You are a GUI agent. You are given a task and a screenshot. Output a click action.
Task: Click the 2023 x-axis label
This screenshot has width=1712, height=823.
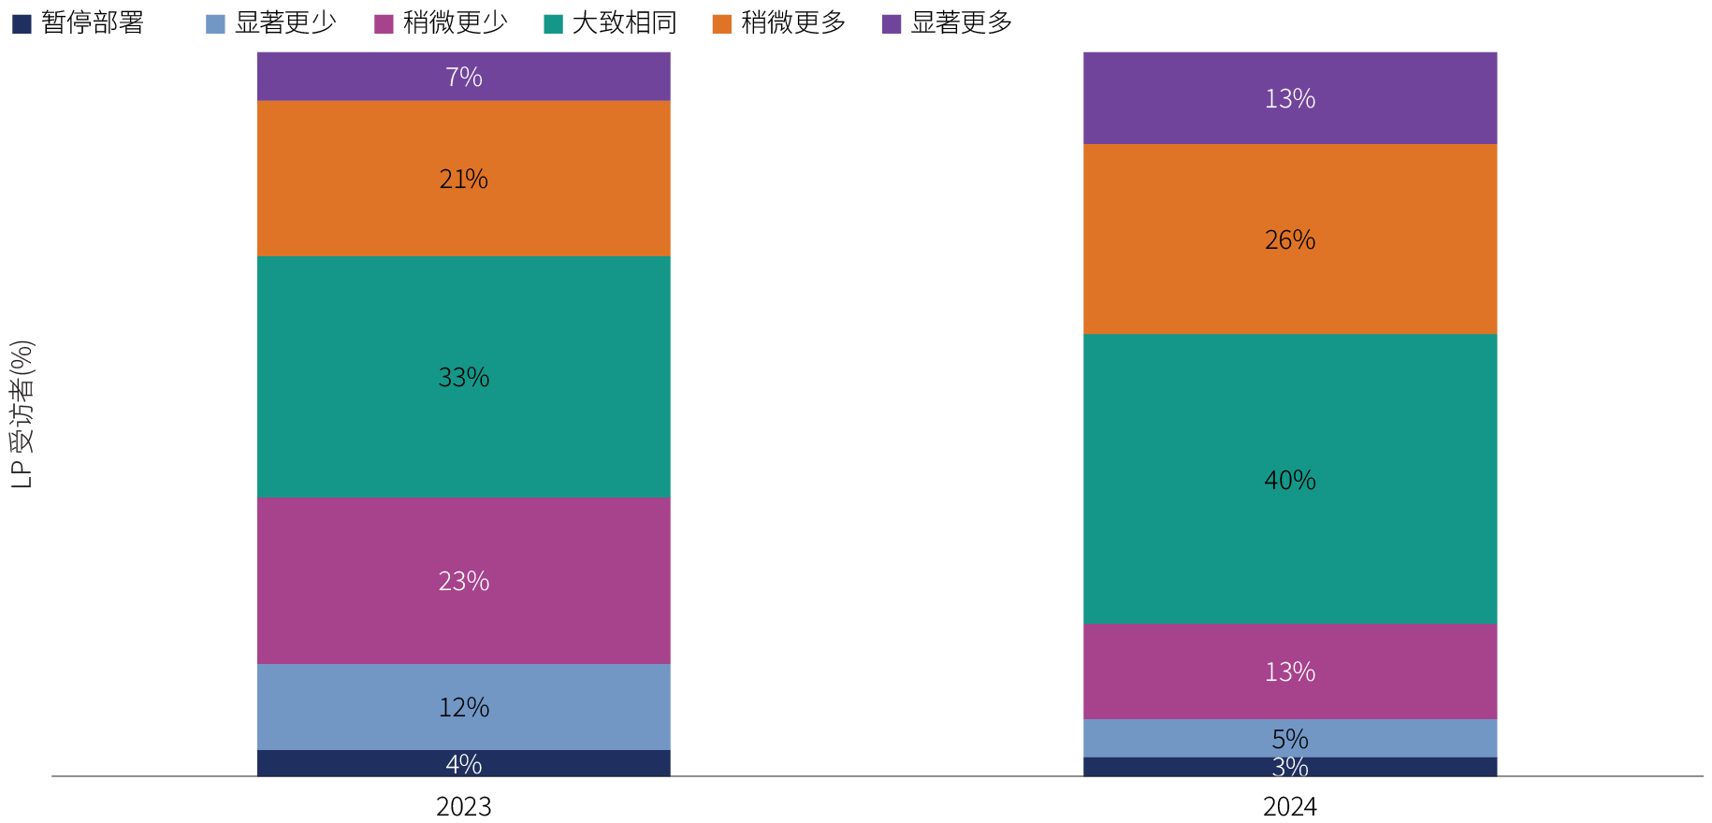click(464, 806)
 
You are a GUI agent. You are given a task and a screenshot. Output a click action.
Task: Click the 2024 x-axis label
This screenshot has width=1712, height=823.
click(1290, 806)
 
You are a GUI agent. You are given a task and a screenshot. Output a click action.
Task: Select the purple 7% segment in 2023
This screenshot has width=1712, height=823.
click(464, 77)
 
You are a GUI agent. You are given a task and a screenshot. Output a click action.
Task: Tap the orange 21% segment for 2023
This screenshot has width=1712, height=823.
click(464, 179)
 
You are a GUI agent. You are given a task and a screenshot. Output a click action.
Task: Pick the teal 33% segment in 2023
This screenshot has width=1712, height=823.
click(464, 377)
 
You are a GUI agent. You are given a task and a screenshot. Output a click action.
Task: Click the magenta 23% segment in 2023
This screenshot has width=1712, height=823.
click(464, 581)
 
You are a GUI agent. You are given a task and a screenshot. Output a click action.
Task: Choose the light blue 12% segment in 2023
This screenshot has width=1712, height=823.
click(464, 707)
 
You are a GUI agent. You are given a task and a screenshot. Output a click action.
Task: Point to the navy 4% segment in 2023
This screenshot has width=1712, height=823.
click(464, 763)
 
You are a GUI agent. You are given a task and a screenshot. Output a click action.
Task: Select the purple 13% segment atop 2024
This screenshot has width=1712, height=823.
click(1290, 98)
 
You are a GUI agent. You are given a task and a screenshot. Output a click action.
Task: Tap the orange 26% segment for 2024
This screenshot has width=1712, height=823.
click(1290, 239)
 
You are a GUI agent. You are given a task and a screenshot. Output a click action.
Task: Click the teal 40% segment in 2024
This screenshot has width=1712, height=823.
click(1290, 480)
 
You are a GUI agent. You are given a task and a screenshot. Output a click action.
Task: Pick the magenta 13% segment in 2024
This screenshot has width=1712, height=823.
click(1290, 671)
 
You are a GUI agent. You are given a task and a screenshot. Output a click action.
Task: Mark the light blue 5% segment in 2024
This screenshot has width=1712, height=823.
click(1290, 738)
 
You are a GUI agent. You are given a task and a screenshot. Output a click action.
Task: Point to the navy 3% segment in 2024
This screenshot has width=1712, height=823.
click(1290, 767)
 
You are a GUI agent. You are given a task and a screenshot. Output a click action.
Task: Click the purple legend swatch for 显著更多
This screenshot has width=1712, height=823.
click(892, 23)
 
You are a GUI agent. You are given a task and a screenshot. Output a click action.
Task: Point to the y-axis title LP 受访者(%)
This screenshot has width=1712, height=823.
click(22, 414)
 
